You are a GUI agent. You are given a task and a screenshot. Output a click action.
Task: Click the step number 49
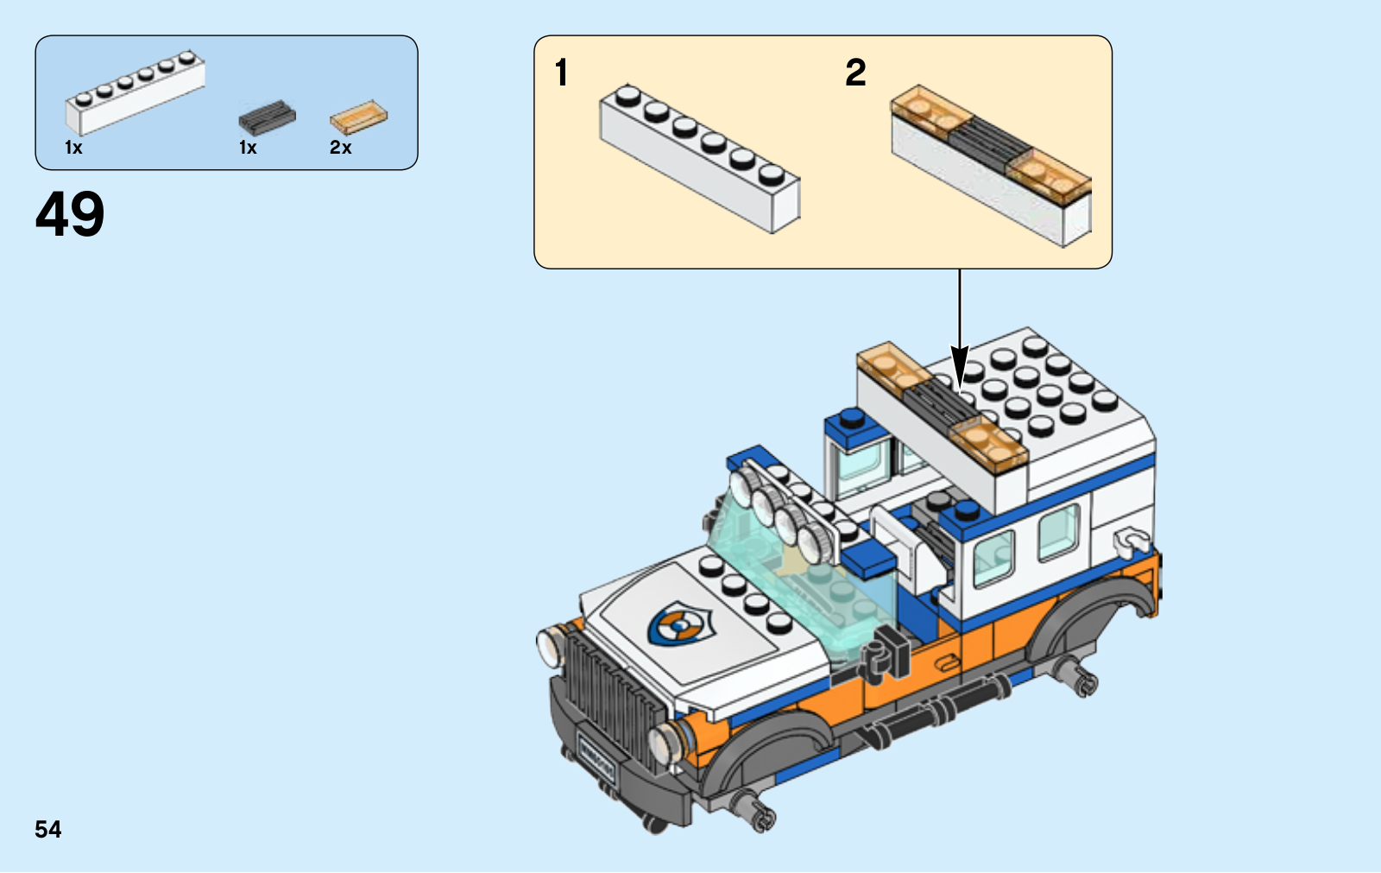(70, 214)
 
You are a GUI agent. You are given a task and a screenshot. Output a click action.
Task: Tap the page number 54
(48, 830)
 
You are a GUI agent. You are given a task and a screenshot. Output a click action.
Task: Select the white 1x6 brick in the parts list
(136, 92)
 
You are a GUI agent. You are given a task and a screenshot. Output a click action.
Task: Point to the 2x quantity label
(340, 148)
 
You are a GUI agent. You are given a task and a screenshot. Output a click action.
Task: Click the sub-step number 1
(562, 73)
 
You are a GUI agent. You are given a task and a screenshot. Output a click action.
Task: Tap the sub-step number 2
(855, 73)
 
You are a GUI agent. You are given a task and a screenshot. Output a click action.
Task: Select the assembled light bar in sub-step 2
(992, 164)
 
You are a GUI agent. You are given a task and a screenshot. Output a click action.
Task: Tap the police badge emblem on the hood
(679, 623)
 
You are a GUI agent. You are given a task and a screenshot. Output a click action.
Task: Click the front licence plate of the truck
(596, 759)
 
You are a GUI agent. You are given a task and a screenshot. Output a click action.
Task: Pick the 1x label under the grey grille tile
(248, 148)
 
